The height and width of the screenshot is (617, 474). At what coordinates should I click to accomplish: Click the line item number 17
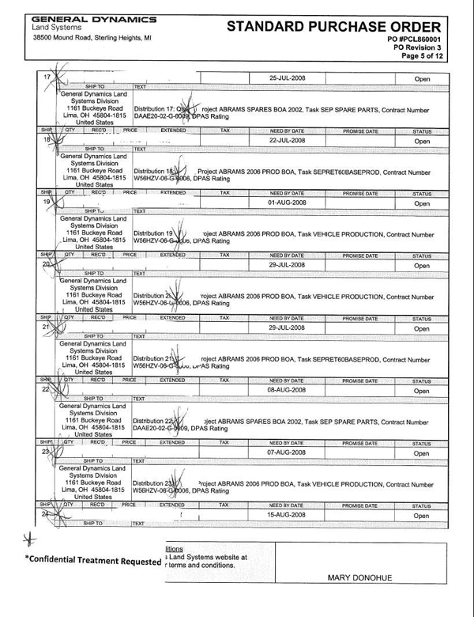(46, 77)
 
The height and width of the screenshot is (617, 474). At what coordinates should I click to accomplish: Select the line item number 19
(46, 203)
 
